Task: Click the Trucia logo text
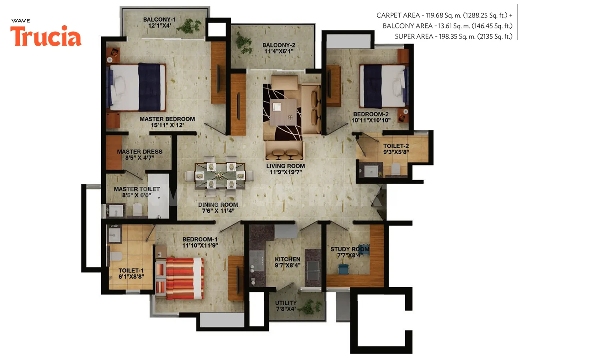click(x=46, y=37)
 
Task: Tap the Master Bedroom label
click(x=167, y=119)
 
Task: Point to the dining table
click(x=220, y=175)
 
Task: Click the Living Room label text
click(x=286, y=166)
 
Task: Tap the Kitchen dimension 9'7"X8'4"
click(x=287, y=265)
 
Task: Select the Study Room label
click(x=350, y=249)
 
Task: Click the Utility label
click(x=286, y=303)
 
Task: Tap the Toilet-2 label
click(x=396, y=146)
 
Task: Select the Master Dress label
click(x=140, y=152)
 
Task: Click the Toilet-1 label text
click(x=131, y=270)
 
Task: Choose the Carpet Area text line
click(x=444, y=15)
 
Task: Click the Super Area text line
click(x=453, y=36)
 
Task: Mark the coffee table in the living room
click(x=283, y=112)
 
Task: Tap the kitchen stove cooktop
click(x=257, y=261)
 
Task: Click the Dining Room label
click(x=218, y=204)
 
